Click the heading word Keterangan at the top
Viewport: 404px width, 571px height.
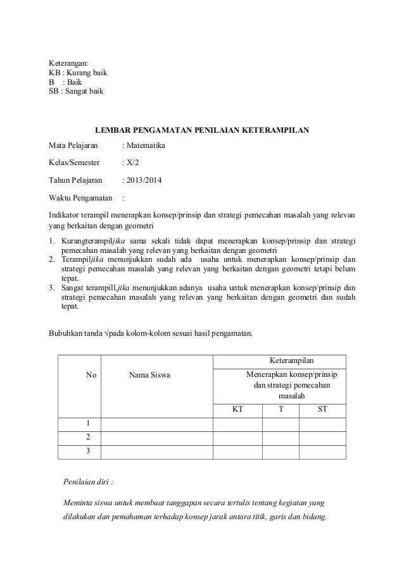(x=69, y=63)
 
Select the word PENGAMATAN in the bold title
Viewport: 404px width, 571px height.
(x=175, y=131)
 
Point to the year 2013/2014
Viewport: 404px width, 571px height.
(x=143, y=181)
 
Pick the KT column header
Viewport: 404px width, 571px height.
(x=237, y=409)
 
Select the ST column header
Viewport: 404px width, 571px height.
(x=322, y=409)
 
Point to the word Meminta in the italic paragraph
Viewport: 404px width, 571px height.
(x=79, y=503)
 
